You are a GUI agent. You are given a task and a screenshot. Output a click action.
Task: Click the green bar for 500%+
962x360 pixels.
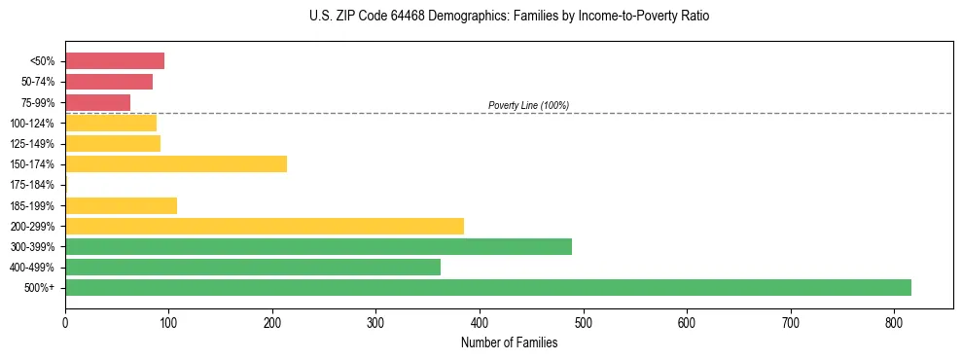point(487,287)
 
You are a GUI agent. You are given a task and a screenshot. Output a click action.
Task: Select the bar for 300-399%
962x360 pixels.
point(318,246)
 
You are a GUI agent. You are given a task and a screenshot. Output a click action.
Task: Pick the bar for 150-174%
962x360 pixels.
point(176,163)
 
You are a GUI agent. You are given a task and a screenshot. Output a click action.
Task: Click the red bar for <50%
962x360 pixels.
point(115,60)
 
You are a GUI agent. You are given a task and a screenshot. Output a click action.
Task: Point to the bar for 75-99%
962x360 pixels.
point(97,102)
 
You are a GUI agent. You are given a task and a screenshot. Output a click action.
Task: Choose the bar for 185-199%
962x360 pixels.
point(121,205)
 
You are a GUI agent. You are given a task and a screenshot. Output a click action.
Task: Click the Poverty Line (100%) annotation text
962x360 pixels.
point(528,105)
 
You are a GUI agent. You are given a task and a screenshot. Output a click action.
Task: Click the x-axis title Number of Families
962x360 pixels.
point(509,342)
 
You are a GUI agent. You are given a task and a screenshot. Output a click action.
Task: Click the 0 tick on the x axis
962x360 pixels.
point(65,322)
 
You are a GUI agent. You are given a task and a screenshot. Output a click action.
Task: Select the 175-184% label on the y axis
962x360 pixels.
point(32,185)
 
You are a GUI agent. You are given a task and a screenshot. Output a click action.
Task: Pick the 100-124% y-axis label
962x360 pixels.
point(32,123)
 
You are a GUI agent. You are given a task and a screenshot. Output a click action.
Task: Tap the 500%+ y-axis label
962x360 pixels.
point(40,288)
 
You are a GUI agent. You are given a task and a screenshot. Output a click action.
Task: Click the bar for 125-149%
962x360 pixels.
point(113,143)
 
